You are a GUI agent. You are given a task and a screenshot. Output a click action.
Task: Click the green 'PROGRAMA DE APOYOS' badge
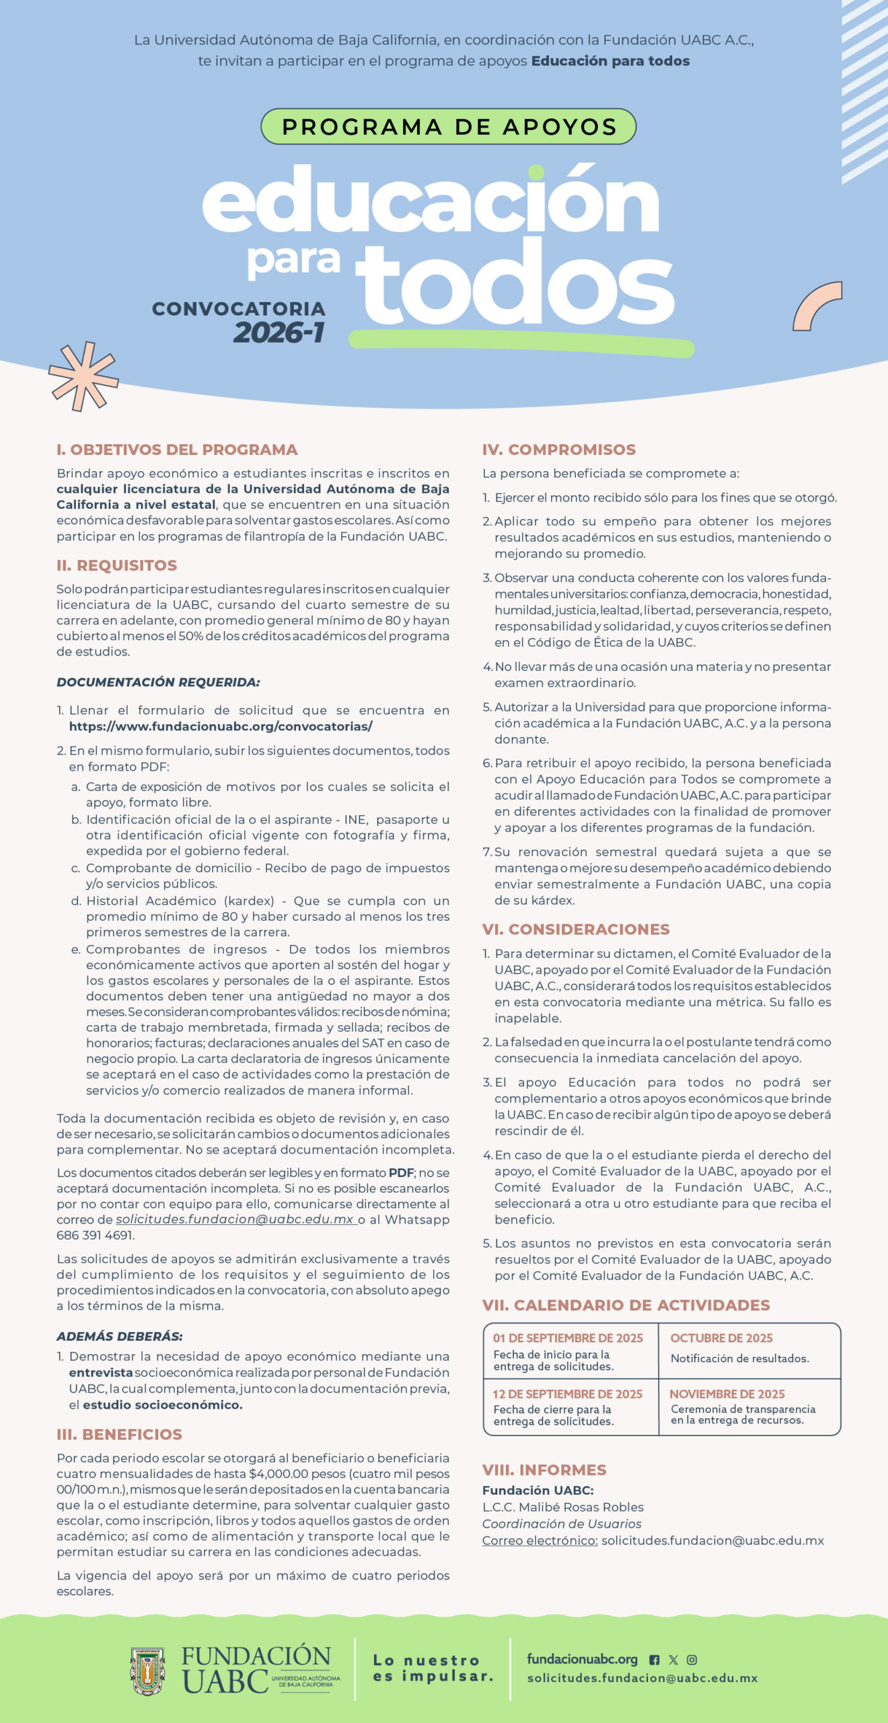click(448, 127)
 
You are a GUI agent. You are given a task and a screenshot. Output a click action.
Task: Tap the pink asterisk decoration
click(83, 377)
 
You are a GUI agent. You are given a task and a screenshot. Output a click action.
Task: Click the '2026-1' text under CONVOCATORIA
click(279, 332)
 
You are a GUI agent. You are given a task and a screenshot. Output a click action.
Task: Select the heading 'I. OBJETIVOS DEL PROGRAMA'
click(177, 450)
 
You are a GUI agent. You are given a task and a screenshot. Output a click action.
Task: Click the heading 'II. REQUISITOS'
click(117, 565)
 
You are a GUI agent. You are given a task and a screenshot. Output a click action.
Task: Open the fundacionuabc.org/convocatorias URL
click(221, 726)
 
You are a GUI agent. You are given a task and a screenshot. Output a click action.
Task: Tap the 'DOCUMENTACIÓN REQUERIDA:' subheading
click(158, 682)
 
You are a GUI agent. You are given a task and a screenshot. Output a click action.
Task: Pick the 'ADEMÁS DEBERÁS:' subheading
click(120, 1336)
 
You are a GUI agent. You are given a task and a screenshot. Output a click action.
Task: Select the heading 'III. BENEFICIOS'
click(119, 1434)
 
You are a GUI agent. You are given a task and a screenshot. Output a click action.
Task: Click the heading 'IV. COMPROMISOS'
click(558, 450)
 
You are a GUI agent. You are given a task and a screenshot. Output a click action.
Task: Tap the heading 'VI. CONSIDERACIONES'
click(575, 929)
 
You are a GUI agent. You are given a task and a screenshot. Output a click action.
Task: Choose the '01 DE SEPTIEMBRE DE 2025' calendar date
click(568, 1338)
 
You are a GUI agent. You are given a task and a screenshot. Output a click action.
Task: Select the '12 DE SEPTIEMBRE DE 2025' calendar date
click(567, 1394)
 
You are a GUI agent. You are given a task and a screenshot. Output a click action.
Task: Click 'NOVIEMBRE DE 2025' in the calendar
click(727, 1394)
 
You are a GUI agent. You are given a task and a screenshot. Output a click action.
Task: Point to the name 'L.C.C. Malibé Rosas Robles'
click(562, 1507)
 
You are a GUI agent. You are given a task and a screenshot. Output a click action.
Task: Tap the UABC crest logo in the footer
click(148, 1671)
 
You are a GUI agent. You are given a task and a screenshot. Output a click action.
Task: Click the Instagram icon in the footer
click(692, 1660)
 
